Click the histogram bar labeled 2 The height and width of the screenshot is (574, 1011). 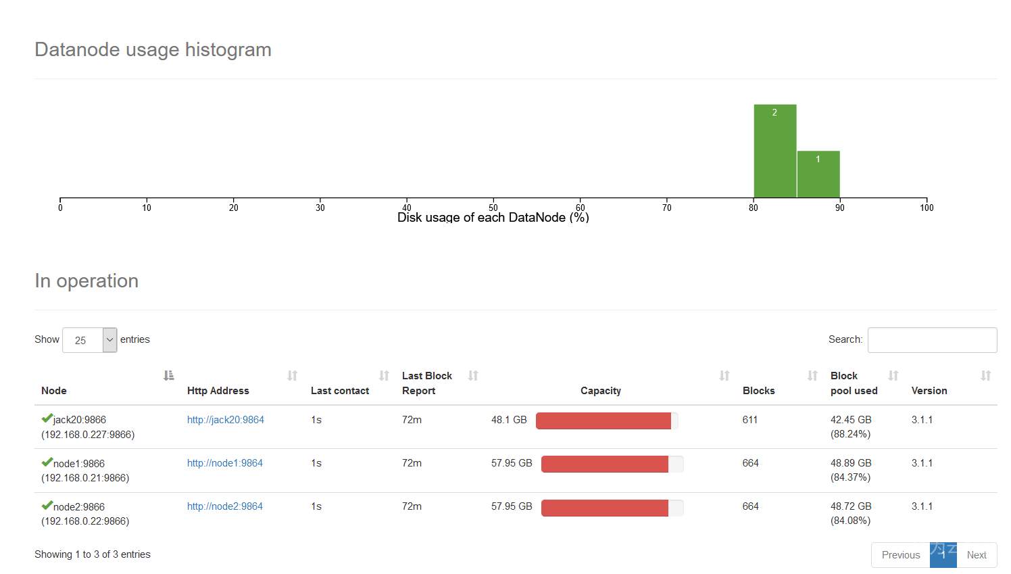click(x=775, y=151)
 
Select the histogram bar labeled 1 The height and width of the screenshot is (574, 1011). click(x=818, y=174)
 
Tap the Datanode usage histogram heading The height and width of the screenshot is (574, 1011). click(x=153, y=50)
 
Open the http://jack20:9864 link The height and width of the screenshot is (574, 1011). click(x=225, y=420)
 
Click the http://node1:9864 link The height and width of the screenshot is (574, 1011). click(x=224, y=463)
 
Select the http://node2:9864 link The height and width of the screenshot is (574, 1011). click(x=224, y=506)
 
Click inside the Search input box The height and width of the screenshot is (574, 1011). click(x=932, y=340)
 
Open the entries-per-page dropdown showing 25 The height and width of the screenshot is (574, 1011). click(x=89, y=340)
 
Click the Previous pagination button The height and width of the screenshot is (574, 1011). click(x=900, y=555)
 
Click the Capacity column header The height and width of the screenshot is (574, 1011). click(x=600, y=391)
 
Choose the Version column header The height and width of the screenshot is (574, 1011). click(x=929, y=391)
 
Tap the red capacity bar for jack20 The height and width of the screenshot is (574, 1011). click(x=603, y=421)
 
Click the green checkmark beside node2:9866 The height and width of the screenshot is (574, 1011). click(x=47, y=505)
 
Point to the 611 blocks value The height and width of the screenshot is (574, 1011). click(x=750, y=420)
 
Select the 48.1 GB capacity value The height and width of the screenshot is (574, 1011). click(x=509, y=420)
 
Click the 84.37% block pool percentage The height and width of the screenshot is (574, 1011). click(x=850, y=477)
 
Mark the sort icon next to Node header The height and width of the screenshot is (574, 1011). click(x=169, y=375)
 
